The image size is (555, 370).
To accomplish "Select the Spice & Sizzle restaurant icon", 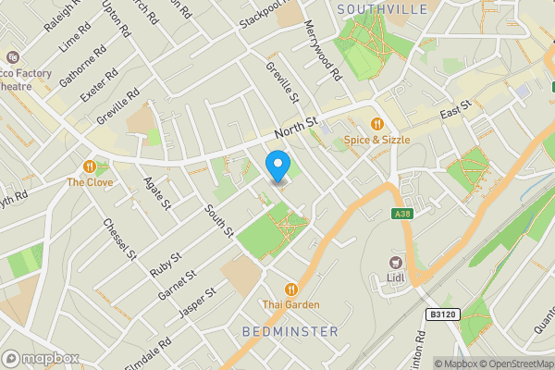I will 376,124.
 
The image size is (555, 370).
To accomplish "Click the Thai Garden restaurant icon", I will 291,289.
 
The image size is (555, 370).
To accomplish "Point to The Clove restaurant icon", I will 90,166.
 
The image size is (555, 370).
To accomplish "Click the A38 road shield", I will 401,215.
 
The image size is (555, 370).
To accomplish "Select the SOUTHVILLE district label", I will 382,9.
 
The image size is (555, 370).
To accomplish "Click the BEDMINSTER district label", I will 290,330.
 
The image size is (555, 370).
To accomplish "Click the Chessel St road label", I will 120,239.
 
